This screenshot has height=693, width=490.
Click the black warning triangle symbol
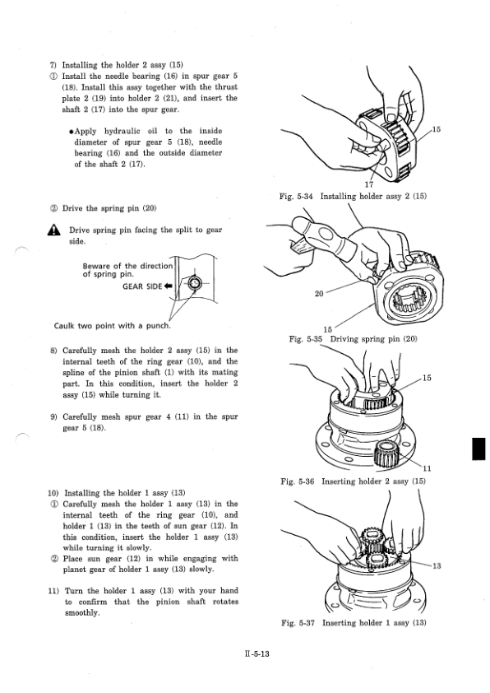click(54, 230)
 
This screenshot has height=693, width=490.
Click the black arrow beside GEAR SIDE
click(168, 286)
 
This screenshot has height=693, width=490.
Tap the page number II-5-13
click(257, 653)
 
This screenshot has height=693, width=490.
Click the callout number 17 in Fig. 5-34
click(368, 184)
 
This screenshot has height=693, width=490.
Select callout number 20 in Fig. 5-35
click(319, 293)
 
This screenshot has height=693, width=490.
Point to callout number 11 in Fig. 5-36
click(427, 468)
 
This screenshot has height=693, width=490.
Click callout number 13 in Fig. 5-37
click(437, 565)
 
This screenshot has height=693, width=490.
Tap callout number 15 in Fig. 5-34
click(436, 129)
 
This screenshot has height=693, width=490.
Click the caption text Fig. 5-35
click(306, 339)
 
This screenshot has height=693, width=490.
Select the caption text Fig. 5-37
click(298, 623)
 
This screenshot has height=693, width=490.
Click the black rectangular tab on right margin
click(478, 449)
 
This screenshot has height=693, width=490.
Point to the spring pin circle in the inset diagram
click(194, 283)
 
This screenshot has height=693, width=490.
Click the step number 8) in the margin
click(53, 351)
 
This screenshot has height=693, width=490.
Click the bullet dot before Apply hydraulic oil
click(71, 131)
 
